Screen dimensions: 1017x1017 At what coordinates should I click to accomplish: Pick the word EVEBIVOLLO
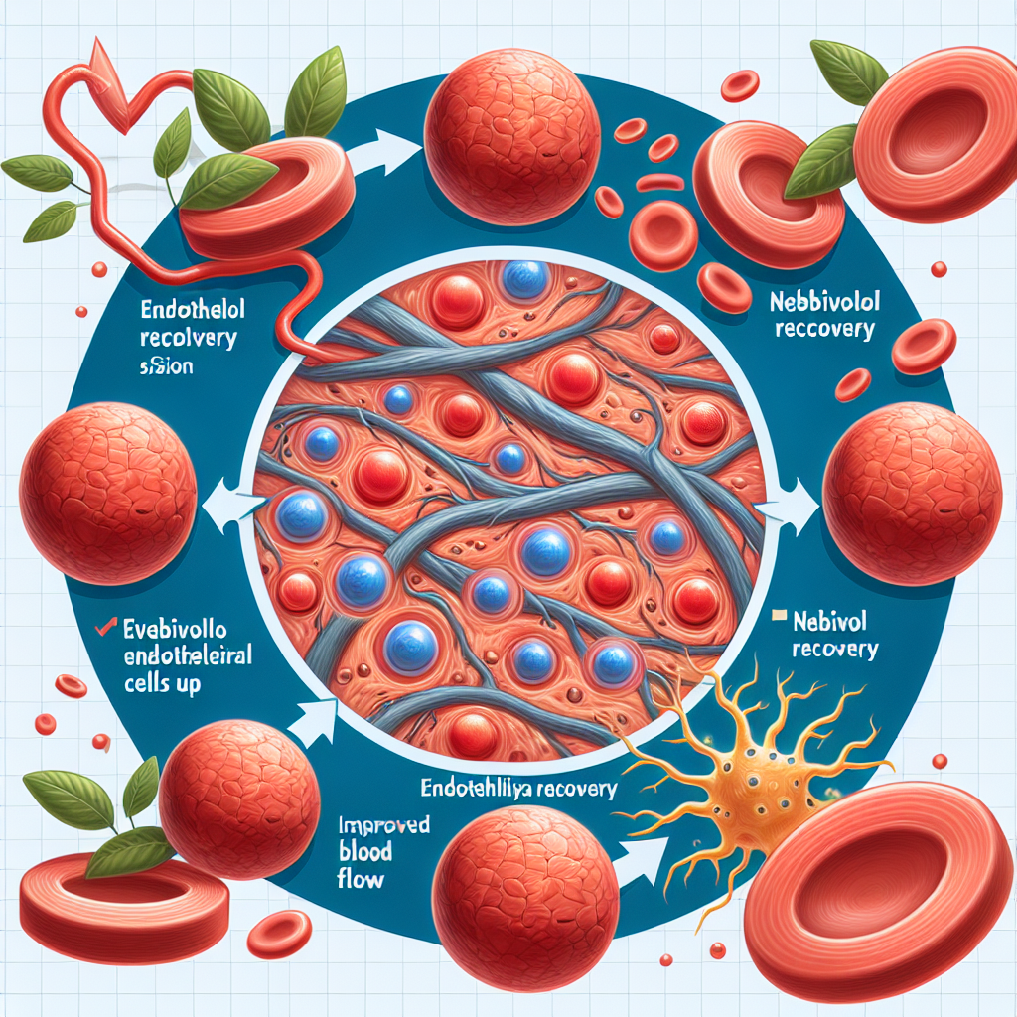tap(167, 628)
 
